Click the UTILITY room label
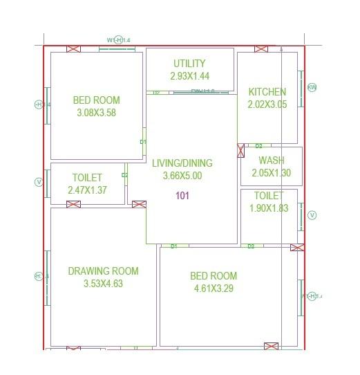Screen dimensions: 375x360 click(189, 63)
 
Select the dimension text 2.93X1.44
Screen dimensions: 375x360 click(189, 76)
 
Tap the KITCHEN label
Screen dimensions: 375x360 click(267, 92)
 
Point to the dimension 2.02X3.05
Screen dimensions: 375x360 click(267, 105)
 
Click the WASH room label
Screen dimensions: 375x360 click(271, 161)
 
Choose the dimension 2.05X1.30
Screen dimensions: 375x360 click(271, 173)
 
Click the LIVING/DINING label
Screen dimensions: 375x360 click(182, 163)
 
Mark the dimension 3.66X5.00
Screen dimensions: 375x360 click(182, 176)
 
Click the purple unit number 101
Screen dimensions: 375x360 click(182, 196)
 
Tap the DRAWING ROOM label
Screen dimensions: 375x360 click(103, 271)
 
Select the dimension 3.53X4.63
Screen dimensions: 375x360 click(103, 284)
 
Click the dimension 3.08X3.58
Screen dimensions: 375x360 click(96, 113)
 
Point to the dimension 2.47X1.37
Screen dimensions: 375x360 click(87, 190)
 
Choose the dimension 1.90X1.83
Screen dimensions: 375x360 click(268, 208)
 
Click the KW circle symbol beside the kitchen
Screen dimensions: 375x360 click(312, 87)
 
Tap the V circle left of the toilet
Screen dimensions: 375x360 click(39, 183)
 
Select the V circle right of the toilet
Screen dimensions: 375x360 click(312, 215)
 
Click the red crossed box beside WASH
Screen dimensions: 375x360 click(241, 150)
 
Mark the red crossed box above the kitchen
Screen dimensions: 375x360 click(260, 49)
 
